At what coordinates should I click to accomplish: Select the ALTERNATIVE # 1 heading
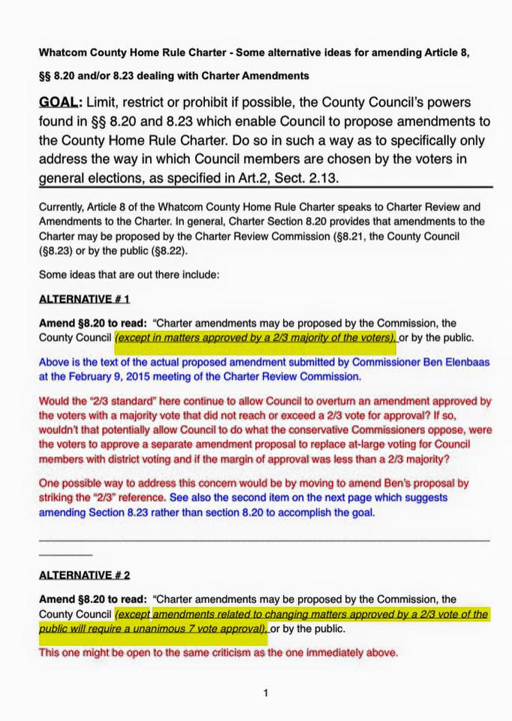pyautogui.click(x=84, y=299)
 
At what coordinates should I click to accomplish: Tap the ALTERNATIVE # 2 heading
pyautogui.click(x=84, y=575)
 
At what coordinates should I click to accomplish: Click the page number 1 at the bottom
pyautogui.click(x=266, y=693)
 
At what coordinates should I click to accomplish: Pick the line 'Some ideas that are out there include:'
pyautogui.click(x=128, y=275)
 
